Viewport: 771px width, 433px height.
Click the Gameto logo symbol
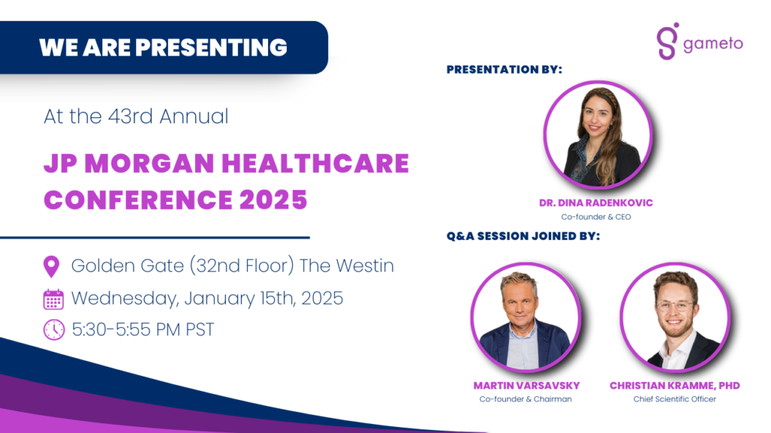pyautogui.click(x=668, y=41)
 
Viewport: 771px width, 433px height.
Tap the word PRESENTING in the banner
pyautogui.click(x=211, y=47)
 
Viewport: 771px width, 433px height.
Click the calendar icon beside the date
pyautogui.click(x=53, y=299)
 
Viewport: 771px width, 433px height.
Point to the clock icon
pyautogui.click(x=53, y=330)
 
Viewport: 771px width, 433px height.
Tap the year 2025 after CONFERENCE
pyautogui.click(x=273, y=200)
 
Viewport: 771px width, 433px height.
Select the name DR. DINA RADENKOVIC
pyautogui.click(x=596, y=203)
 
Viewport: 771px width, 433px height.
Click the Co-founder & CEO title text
pyautogui.click(x=596, y=217)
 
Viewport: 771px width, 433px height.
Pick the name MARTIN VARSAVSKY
pyautogui.click(x=526, y=386)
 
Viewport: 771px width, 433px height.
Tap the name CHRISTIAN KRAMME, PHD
pyautogui.click(x=675, y=386)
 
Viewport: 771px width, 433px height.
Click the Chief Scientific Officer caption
pyautogui.click(x=675, y=399)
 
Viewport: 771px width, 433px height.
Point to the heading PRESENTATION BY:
pyautogui.click(x=504, y=70)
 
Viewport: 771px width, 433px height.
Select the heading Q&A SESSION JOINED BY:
pyautogui.click(x=523, y=236)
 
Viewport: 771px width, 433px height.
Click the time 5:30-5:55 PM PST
pyautogui.click(x=143, y=330)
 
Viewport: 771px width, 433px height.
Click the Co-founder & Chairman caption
pyautogui.click(x=526, y=399)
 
